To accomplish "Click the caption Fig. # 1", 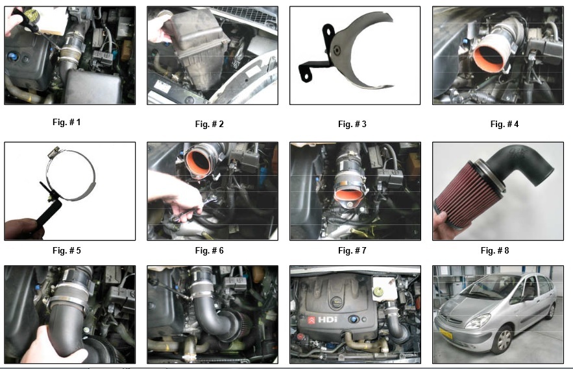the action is tap(66, 122).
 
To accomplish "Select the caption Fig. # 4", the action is tap(504, 125).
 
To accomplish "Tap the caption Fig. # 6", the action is tap(210, 250).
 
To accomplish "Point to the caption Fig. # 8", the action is tap(494, 250).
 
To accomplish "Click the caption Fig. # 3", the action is tap(352, 125).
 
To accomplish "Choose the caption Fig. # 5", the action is tap(66, 250).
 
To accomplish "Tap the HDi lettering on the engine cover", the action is tap(328, 320).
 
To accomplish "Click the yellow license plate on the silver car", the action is tap(445, 334).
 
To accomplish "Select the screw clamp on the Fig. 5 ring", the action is tap(55, 151).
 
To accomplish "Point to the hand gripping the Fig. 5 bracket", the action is tap(23, 229).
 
